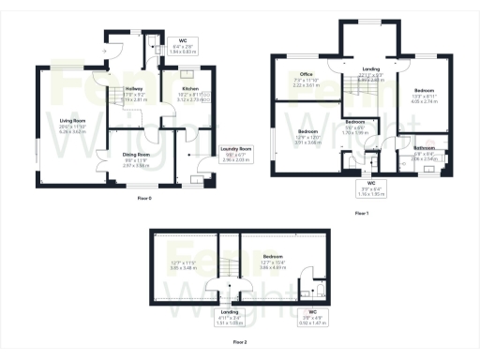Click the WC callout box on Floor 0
pyautogui.click(x=184, y=45)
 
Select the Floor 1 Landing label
pyautogui.click(x=371, y=76)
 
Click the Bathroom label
pyautogui.click(x=424, y=147)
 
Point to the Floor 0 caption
pyautogui.click(x=144, y=200)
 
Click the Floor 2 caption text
pyautogui.click(x=240, y=343)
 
